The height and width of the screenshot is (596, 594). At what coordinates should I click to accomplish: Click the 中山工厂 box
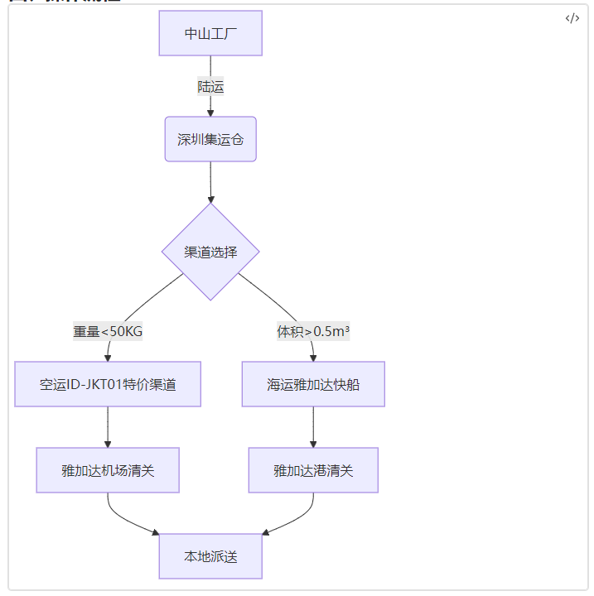pos(210,33)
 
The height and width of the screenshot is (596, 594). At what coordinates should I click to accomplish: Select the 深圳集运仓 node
pos(210,139)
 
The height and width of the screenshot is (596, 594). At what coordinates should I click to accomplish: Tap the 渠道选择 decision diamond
pos(210,252)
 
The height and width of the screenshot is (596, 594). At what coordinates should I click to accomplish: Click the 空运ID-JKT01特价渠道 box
pos(108,384)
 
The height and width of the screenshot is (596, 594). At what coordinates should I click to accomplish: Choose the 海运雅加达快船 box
pos(313,384)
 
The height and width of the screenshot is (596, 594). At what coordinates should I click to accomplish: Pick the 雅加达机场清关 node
pos(108,470)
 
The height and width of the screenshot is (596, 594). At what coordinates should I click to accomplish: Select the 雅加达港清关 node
pos(313,470)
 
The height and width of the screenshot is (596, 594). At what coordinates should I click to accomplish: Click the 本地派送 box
pos(210,556)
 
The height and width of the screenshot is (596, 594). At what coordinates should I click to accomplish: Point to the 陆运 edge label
pos(210,86)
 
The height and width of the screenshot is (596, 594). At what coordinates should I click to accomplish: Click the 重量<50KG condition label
pos(108,331)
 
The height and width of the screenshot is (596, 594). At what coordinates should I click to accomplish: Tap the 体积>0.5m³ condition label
pos(313,331)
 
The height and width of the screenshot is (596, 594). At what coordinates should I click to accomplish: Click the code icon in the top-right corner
pos(572,19)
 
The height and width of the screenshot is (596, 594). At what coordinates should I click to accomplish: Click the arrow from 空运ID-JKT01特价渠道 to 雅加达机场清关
pos(108,425)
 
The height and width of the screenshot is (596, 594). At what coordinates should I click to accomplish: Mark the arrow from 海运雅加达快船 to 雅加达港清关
pos(313,425)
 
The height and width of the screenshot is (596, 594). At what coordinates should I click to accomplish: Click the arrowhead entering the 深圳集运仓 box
pos(210,112)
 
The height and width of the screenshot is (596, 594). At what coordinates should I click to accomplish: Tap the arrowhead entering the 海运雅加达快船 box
pos(313,357)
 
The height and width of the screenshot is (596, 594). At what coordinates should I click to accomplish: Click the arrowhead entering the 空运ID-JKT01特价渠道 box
pos(108,357)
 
